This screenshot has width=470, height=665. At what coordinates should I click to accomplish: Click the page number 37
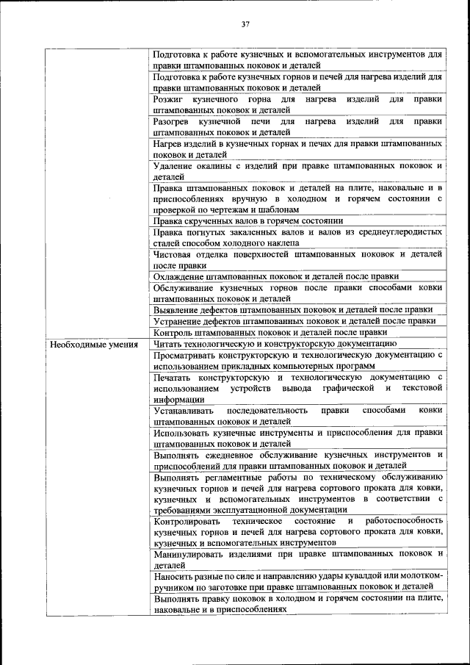point(246,24)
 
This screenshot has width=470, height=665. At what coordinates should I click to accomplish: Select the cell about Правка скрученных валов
point(248,220)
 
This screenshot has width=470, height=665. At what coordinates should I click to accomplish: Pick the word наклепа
point(281,243)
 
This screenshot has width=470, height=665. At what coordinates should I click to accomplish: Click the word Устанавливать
point(184,410)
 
